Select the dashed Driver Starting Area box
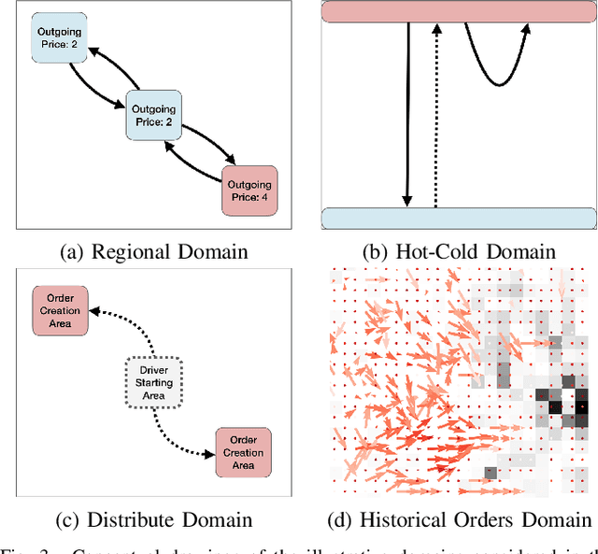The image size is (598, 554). click(x=152, y=381)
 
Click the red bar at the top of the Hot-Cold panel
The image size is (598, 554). click(x=458, y=12)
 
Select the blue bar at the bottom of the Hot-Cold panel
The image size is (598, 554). click(x=458, y=219)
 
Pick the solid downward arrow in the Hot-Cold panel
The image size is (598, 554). click(x=408, y=112)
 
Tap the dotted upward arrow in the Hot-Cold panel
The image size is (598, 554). click(x=435, y=112)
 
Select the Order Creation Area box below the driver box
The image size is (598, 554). click(x=243, y=453)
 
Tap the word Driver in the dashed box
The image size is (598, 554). click(x=152, y=369)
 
